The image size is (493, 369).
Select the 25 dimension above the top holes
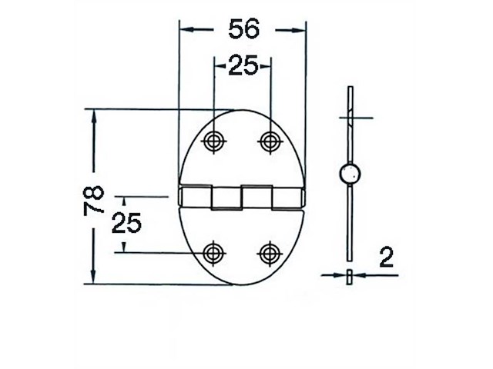pos(242,67)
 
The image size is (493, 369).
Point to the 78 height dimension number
pos(94,201)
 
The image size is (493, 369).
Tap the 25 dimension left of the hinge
pos(127,223)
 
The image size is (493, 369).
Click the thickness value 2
pos(387,257)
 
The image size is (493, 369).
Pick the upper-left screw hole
pos(213,141)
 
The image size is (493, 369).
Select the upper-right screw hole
pos(270,141)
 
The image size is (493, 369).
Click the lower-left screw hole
pos(213,252)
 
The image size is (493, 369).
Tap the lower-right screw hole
pos(270,252)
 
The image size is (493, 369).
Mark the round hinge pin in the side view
pos(350,175)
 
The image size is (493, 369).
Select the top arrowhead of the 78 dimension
pos(95,115)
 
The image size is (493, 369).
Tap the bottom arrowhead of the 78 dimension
pos(95,278)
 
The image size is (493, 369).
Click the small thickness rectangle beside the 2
pos(350,276)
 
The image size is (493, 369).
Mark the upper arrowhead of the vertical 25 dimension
pos(124,202)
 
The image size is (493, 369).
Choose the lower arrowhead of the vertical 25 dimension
pos(124,245)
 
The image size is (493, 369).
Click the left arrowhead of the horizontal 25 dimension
pos(219,68)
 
